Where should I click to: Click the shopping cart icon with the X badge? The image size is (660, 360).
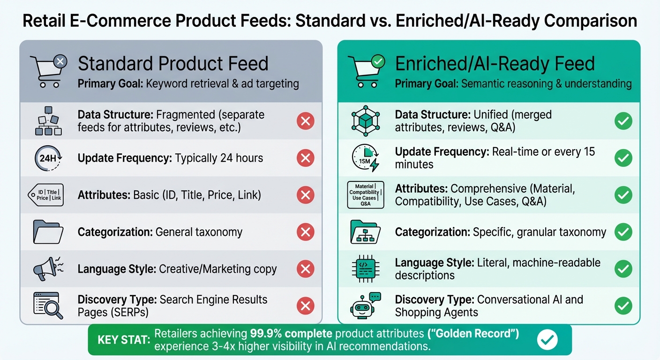[x=48, y=71]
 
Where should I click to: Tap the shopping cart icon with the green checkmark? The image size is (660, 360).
[x=366, y=71]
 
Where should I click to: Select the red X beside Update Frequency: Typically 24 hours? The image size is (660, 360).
[x=305, y=158]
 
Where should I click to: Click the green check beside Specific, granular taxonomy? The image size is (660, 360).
[x=623, y=232]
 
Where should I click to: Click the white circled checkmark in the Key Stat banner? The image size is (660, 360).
[x=547, y=340]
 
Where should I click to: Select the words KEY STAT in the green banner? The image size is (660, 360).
[x=123, y=340]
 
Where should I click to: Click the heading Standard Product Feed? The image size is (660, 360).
[x=173, y=64]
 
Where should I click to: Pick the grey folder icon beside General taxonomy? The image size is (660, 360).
[x=48, y=232]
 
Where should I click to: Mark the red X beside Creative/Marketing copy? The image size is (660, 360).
[x=305, y=269]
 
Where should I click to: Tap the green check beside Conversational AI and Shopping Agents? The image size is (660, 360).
[x=623, y=306]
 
